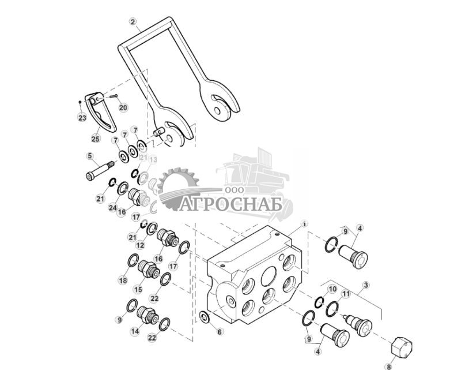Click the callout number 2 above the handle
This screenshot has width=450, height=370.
point(133,23)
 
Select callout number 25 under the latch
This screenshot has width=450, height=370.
point(96,139)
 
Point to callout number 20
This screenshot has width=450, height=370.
point(123,107)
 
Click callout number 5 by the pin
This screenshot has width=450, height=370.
point(89,155)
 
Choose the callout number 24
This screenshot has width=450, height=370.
point(112,207)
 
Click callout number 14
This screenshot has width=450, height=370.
point(135,331)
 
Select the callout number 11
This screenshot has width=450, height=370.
point(345,294)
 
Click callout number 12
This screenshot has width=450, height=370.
point(140,245)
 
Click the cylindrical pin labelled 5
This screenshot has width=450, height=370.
point(99,172)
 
